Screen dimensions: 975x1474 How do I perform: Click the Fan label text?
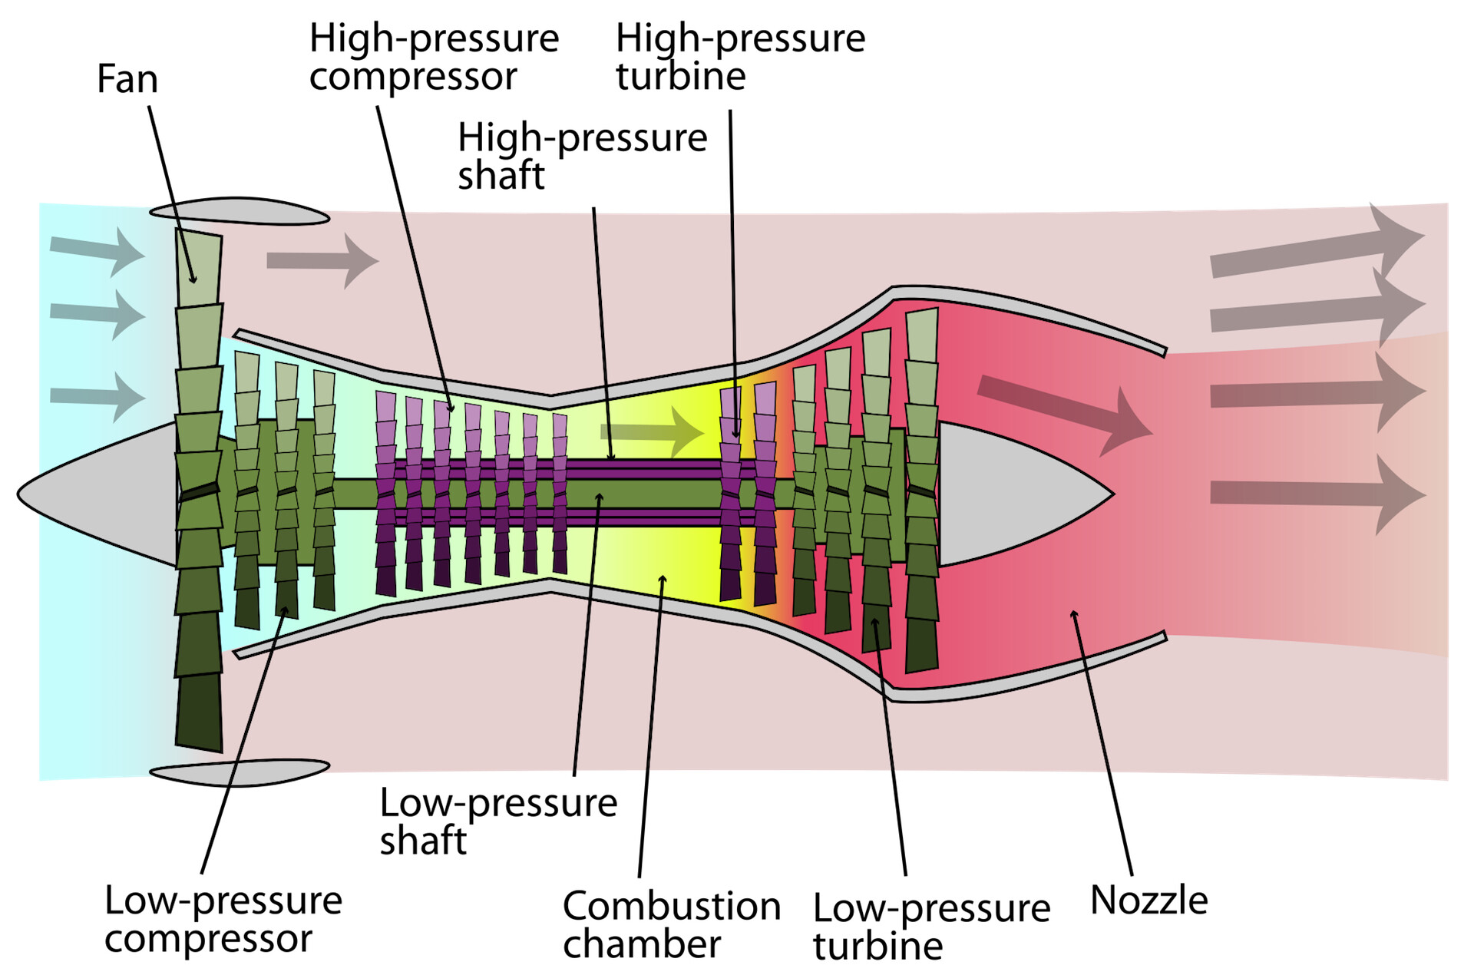[x=127, y=79]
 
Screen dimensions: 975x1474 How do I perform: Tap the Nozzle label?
[x=1148, y=900]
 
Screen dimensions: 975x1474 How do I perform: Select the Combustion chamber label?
[x=672, y=924]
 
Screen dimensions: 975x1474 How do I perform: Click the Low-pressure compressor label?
[x=223, y=919]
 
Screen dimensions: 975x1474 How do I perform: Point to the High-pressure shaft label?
[x=582, y=156]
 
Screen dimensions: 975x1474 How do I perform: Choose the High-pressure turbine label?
[x=740, y=57]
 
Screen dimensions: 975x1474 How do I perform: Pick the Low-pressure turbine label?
[x=931, y=927]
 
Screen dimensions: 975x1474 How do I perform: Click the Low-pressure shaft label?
[x=498, y=821]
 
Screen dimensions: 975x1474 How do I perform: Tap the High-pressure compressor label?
[x=434, y=57]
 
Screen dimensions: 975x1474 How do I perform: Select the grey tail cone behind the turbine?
[x=1013, y=494]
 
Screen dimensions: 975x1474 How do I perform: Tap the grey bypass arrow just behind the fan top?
[x=322, y=261]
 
